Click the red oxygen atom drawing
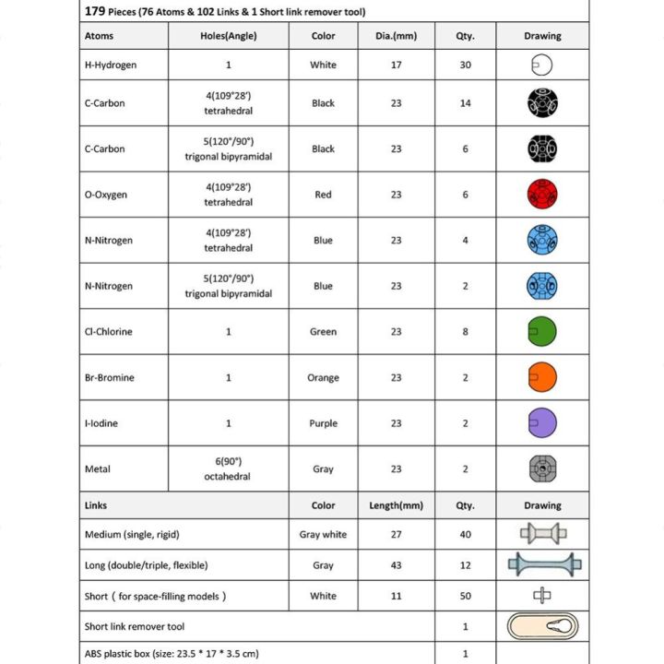point(542,195)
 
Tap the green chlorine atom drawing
point(542,331)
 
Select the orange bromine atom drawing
point(542,377)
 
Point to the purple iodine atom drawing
point(542,423)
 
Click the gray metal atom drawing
point(542,468)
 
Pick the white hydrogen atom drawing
point(541,65)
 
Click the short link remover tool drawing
point(542,627)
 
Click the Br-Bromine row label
point(110,377)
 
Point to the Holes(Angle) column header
point(228,36)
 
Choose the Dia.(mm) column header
point(396,36)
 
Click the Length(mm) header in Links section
point(396,505)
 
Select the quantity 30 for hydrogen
point(465,65)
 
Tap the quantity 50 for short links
point(465,596)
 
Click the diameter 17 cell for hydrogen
point(396,65)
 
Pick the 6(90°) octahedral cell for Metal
point(228,468)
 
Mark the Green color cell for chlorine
point(323,331)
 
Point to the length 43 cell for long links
point(396,565)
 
